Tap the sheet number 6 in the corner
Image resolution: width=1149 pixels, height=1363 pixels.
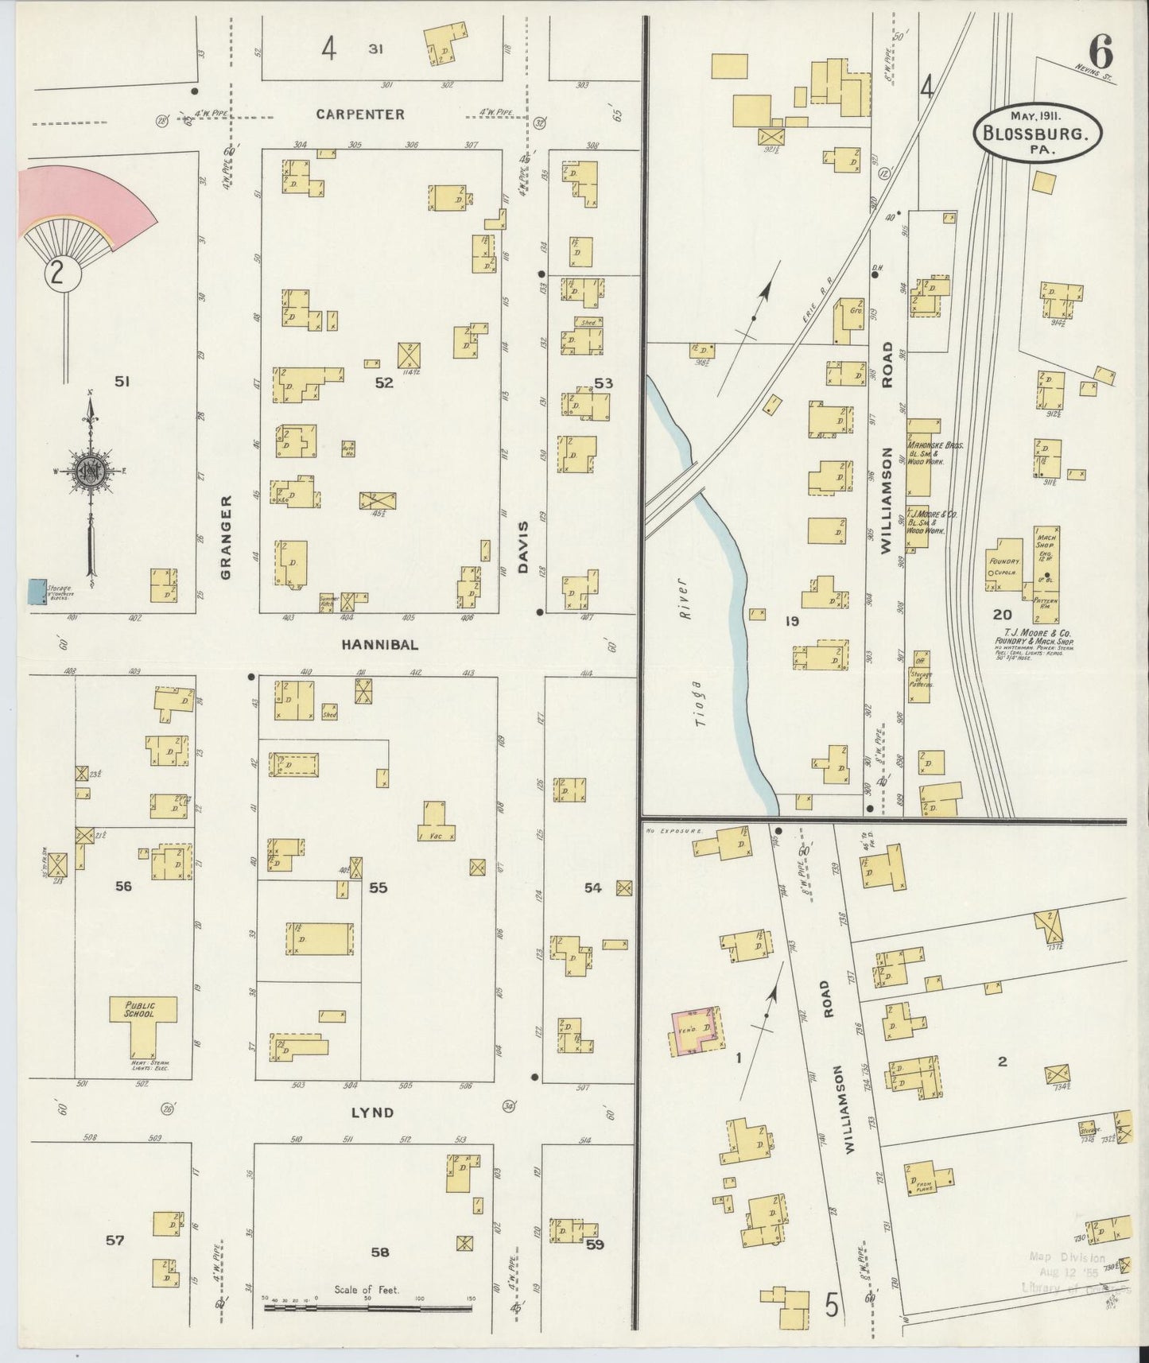[x=1101, y=53]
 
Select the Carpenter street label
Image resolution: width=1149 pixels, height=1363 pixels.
[x=359, y=115]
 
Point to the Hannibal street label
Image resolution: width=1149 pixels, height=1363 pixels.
[x=379, y=645]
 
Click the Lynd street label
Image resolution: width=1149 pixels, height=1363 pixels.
[x=372, y=1113]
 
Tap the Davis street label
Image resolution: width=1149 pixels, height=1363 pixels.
[x=523, y=548]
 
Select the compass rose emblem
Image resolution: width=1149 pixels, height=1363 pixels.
[x=91, y=471]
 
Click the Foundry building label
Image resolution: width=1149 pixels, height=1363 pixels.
[x=1005, y=561]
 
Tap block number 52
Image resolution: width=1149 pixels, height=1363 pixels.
[x=384, y=383]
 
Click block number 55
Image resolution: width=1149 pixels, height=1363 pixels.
[x=378, y=887]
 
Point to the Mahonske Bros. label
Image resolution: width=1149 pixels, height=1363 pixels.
[x=935, y=446]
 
